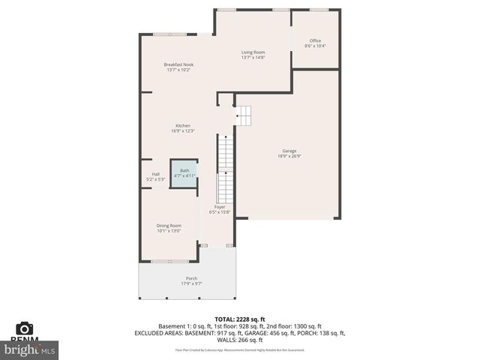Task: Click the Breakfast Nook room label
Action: click(x=178, y=65)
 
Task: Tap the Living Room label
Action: click(x=253, y=52)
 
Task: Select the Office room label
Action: click(x=315, y=41)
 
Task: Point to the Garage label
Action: click(x=289, y=151)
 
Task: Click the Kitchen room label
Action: click(x=183, y=126)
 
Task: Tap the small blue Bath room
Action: click(x=184, y=172)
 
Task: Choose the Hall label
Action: click(x=156, y=174)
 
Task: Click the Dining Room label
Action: click(x=169, y=226)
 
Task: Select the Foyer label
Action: click(x=220, y=207)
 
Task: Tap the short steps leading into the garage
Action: click(x=244, y=115)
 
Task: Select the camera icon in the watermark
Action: click(x=25, y=328)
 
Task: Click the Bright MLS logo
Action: click(x=30, y=349)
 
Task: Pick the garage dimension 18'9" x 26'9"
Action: click(x=289, y=156)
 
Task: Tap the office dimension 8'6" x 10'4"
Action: click(x=315, y=46)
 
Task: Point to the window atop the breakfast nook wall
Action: click(x=165, y=34)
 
